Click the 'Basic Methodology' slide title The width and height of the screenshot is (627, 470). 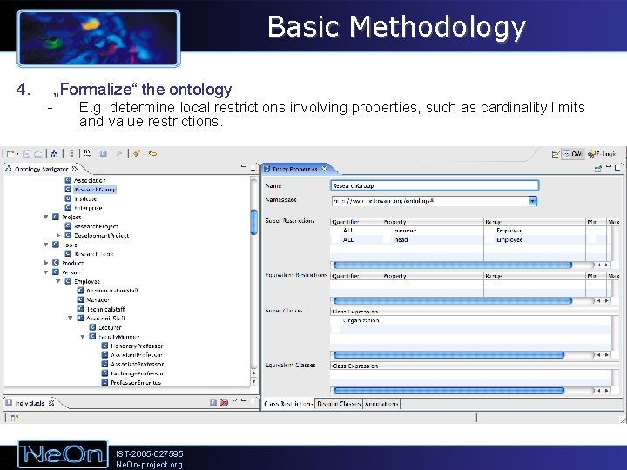pos(396,27)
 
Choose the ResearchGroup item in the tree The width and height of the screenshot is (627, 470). pos(94,189)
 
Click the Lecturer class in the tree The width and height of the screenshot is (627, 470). pos(110,327)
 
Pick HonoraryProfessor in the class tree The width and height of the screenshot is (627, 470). pos(137,346)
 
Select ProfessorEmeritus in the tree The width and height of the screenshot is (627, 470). pos(136,383)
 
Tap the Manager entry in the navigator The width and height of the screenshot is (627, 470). pos(98,299)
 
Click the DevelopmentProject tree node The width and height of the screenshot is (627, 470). pos(101,235)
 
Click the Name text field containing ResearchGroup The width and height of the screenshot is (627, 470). pos(435,185)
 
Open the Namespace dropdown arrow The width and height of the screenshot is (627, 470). pos(533,200)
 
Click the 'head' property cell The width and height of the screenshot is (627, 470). pos(401,239)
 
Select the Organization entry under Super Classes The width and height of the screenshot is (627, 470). pos(361,320)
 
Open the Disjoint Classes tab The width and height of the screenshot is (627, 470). pos(338,403)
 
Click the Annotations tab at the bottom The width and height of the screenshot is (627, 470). pos(381,403)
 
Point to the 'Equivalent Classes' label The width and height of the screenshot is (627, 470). pos(291,366)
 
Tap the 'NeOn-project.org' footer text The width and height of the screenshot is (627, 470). pos(149,464)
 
